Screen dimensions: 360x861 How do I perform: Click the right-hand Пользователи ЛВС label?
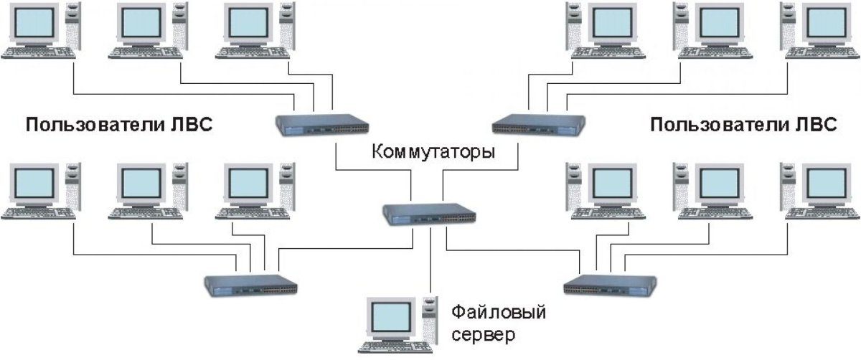pos(743,126)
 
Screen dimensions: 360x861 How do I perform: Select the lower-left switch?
pos(251,285)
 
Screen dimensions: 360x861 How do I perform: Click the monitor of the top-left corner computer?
pos(32,23)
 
